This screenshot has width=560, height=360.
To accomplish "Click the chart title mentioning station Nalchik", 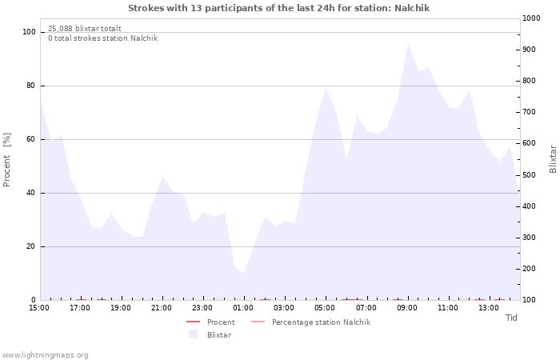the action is coord(278,8).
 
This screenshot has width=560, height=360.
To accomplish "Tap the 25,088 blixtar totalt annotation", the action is coord(85,28).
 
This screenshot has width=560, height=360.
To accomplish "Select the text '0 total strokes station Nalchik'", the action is coord(103,38).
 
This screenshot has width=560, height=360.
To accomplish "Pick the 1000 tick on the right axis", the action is coord(531,18).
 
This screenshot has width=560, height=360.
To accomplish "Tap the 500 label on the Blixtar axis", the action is coord(529,175).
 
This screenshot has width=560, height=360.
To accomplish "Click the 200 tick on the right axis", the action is coord(529,269).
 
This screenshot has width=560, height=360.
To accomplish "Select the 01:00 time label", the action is coord(243,308).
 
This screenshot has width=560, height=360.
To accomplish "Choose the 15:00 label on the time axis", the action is coord(39,308).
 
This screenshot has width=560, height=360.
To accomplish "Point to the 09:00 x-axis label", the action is coord(406,308).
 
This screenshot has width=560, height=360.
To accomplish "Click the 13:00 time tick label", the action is coord(489,308).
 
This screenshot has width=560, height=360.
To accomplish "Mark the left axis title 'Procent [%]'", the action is coord(6,160).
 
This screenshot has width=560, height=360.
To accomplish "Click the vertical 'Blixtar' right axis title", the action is coord(553,159).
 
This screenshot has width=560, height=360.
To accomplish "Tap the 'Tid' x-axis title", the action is coord(511,318).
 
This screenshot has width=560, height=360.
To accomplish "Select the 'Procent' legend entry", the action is coord(210,322).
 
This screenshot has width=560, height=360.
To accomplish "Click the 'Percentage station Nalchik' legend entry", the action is coord(310,322).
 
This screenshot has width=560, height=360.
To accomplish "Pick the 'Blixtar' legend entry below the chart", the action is coord(210,334).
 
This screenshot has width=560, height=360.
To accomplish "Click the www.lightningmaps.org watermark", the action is coord(45,355).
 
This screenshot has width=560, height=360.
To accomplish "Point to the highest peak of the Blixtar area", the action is coord(408,43).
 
